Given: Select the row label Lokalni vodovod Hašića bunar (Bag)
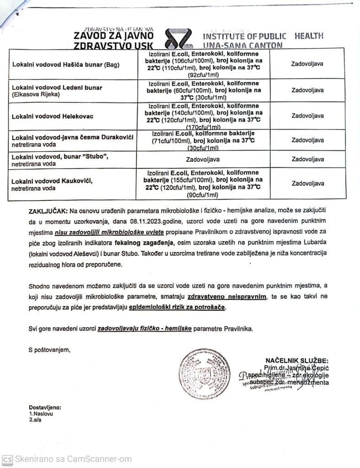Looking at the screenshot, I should tap(65, 64).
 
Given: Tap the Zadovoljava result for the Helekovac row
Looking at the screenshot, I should tap(307, 116).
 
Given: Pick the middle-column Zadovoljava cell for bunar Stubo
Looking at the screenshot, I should tap(203, 160).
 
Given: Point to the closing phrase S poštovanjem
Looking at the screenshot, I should tap(49, 350).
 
